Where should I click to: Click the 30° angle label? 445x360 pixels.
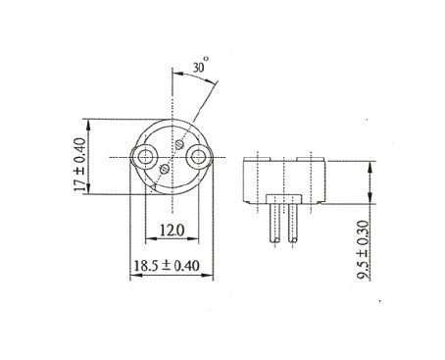coord(200,70)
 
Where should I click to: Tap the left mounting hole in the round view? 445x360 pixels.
coord(147,157)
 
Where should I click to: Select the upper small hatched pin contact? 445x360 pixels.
coord(180,143)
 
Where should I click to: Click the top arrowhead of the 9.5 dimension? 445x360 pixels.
coord(369,166)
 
